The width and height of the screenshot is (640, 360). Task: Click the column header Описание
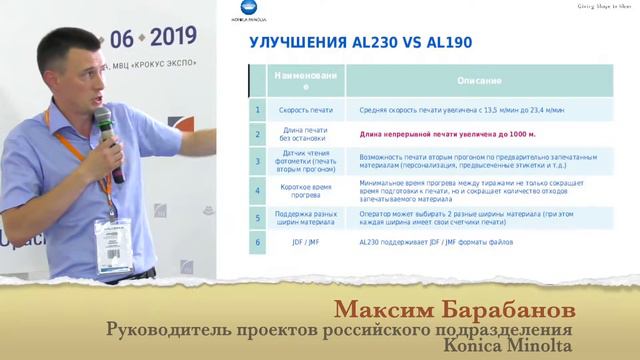click(x=472, y=80)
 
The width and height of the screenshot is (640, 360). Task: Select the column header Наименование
click(x=305, y=80)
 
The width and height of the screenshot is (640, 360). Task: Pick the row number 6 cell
click(x=257, y=241)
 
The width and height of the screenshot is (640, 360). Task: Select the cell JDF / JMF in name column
click(x=305, y=241)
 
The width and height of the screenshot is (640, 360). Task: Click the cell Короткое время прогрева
click(x=305, y=189)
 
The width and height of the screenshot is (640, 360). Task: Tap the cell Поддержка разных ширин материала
click(x=305, y=216)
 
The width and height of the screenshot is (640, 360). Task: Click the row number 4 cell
click(x=257, y=189)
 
